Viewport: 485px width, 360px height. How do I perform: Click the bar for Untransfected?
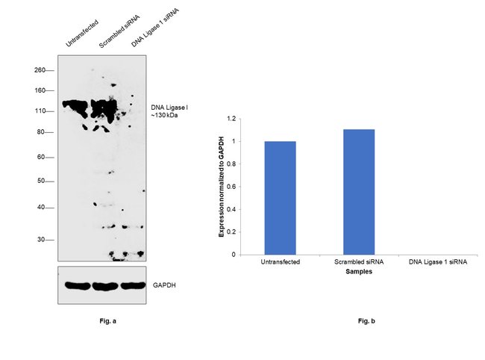tap(280, 197)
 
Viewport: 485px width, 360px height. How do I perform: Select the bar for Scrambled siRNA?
tap(358, 192)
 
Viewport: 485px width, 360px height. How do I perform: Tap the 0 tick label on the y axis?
tap(234, 255)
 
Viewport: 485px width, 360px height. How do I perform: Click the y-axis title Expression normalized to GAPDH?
tap(222, 187)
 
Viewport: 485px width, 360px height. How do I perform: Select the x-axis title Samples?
tap(358, 272)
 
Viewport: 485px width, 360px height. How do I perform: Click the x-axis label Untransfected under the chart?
tap(280, 262)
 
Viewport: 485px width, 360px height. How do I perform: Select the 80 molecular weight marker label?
tap(42, 132)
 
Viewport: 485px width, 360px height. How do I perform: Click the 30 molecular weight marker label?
tap(42, 240)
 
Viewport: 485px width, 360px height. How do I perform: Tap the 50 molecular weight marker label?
tap(42, 181)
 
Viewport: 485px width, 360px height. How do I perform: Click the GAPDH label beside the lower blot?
tap(164, 285)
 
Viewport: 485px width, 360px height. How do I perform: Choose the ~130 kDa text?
tap(165, 117)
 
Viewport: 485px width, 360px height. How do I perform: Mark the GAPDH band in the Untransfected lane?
tap(75, 285)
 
